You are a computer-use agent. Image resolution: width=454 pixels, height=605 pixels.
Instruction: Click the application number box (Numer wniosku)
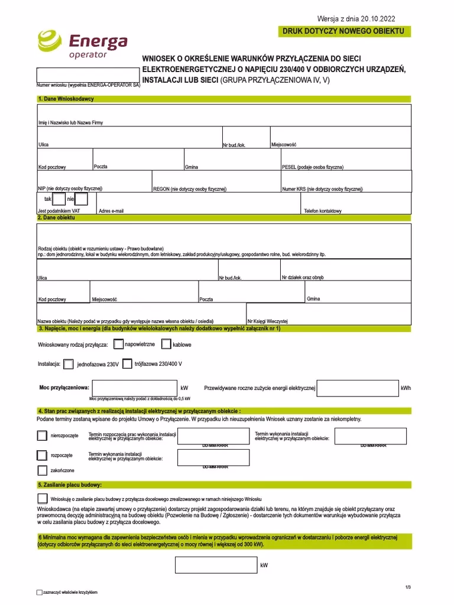point(88,76)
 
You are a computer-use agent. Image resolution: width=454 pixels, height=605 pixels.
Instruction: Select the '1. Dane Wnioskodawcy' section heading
point(66,99)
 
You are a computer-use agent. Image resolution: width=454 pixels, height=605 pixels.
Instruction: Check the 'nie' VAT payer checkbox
point(82,199)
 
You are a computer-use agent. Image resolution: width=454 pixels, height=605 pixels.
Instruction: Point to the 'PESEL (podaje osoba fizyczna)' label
point(313,167)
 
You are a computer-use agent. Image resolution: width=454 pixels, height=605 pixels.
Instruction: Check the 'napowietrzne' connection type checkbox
point(119,343)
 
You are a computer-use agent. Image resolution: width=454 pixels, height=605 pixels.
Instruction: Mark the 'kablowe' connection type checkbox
point(166,343)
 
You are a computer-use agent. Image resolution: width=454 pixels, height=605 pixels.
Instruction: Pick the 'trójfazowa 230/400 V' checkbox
point(127,364)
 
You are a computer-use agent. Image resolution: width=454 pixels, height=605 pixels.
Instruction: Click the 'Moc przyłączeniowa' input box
point(135,388)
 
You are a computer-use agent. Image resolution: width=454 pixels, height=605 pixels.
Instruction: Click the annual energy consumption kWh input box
point(358,388)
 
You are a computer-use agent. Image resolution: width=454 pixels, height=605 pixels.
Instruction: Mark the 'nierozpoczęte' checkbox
point(42,435)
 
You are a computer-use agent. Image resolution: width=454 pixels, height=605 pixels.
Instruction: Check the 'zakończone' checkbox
point(42,470)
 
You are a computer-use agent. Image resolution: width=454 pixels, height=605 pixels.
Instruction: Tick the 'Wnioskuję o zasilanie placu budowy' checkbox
point(43,498)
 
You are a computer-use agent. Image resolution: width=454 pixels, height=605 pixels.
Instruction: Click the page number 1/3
point(408,586)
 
